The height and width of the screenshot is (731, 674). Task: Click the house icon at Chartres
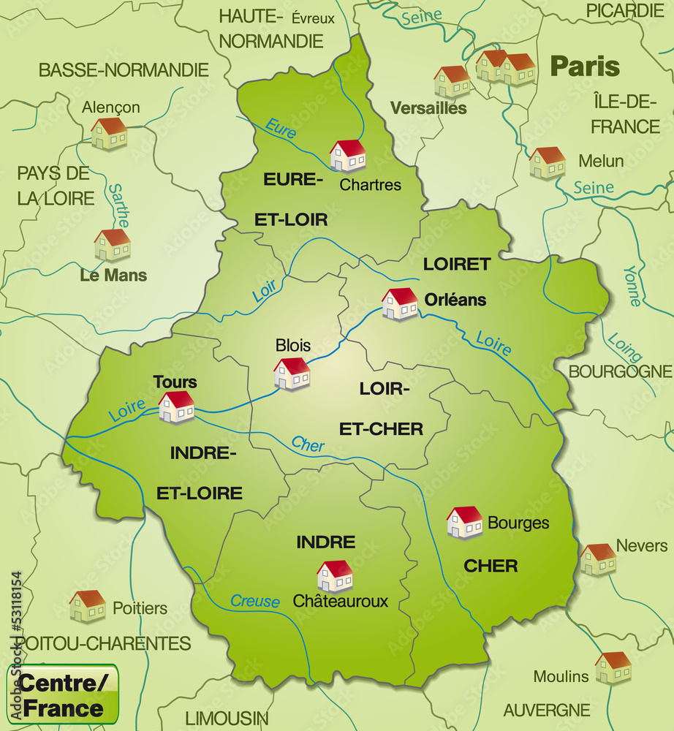click(x=348, y=156)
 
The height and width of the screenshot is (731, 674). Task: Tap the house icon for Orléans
click(x=400, y=304)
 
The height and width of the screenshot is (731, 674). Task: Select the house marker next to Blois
click(x=292, y=374)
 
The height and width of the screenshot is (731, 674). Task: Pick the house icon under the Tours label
click(x=177, y=407)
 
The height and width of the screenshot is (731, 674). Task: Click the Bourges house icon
click(x=465, y=523)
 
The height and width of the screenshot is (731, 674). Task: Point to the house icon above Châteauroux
click(x=335, y=576)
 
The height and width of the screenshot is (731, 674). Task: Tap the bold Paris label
click(x=585, y=67)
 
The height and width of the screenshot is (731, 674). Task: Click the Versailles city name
click(x=428, y=108)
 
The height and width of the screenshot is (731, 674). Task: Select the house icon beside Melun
click(x=548, y=163)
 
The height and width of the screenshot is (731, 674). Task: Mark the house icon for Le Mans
click(x=113, y=245)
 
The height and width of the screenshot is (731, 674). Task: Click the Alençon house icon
click(x=109, y=134)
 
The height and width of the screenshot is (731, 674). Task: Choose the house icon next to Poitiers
click(x=88, y=606)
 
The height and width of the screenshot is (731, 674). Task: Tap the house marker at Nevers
click(x=598, y=559)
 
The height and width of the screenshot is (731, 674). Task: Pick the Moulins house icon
click(x=613, y=667)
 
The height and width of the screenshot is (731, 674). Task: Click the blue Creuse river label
click(x=255, y=601)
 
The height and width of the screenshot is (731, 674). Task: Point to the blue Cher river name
click(x=308, y=444)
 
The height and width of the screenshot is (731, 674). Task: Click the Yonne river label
click(x=631, y=285)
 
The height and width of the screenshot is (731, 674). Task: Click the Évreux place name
click(x=313, y=18)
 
